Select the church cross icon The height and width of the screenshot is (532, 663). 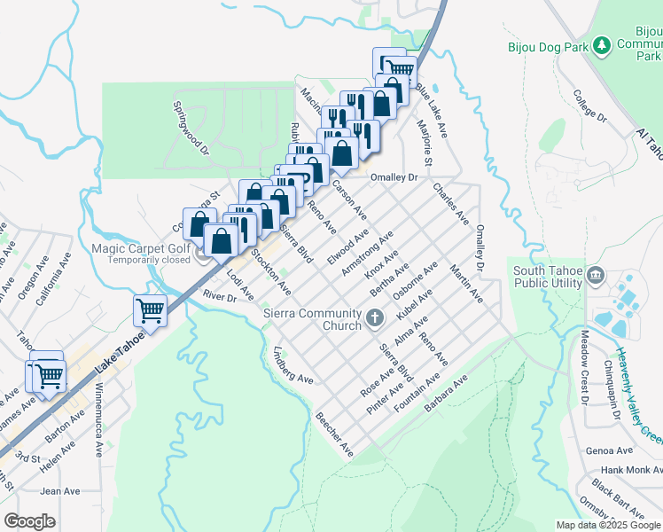[375, 317]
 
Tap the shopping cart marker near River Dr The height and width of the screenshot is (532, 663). [151, 310]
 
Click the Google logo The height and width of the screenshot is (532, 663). [30, 521]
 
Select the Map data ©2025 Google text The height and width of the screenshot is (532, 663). [608, 524]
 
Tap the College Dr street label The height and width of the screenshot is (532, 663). [589, 106]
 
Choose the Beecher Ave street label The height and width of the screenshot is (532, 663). [334, 434]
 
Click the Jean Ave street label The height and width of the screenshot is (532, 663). [60, 490]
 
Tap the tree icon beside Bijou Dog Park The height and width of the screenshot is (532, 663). [602, 44]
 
